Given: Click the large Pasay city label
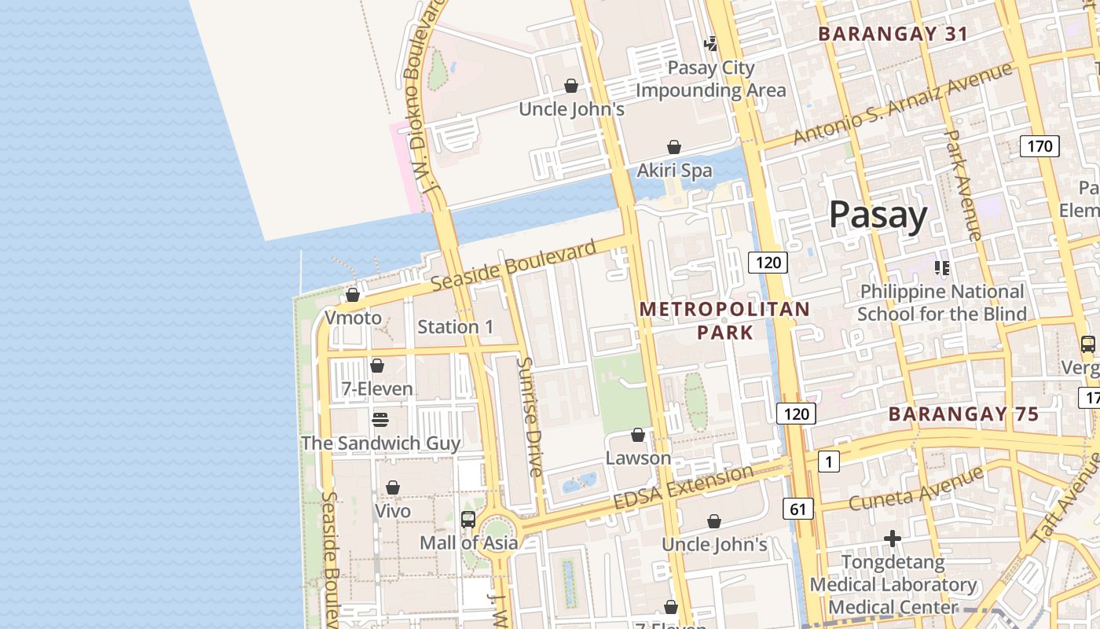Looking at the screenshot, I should tap(878, 214).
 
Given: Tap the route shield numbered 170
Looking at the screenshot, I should tap(1039, 145).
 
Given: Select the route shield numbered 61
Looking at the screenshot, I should tap(797, 509).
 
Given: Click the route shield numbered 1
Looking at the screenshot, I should tap(828, 462).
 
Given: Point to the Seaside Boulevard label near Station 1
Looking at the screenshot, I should tap(514, 267).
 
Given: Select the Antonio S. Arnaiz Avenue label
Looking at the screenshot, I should tap(902, 104).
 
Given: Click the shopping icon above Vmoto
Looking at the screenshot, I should tap(353, 295).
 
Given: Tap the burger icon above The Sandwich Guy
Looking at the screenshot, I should tap(380, 419).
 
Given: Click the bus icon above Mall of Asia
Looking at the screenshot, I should tap(468, 519).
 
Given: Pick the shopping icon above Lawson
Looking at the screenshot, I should tap(638, 435).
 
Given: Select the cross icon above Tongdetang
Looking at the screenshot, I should tap(893, 539).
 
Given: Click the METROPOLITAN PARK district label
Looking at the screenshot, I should tap(724, 320).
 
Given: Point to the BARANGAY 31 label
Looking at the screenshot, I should tap(893, 34).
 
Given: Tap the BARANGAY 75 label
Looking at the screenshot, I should tap(963, 414).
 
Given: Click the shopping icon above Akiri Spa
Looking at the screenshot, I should tap(673, 147).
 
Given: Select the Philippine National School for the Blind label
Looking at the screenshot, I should tap(941, 303).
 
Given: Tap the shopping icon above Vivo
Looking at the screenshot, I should tap(393, 487).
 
